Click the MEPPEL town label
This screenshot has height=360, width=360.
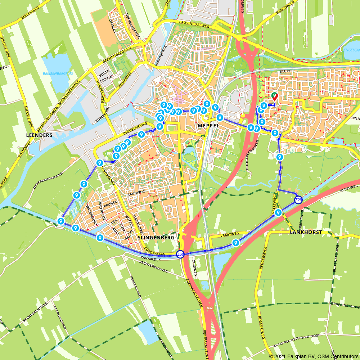tap(208, 125)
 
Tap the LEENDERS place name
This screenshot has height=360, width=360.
tap(39, 135)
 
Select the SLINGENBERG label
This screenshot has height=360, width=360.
tap(156, 238)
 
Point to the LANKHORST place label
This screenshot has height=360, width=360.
tap(306, 233)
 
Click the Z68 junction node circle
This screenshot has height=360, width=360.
tap(180, 255)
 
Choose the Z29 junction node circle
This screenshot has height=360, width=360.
tap(298, 200)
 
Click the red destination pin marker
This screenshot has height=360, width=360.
tap(274, 96)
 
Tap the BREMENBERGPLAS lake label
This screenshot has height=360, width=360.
tap(58, 73)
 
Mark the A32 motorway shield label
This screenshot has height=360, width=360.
tap(210, 308)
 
